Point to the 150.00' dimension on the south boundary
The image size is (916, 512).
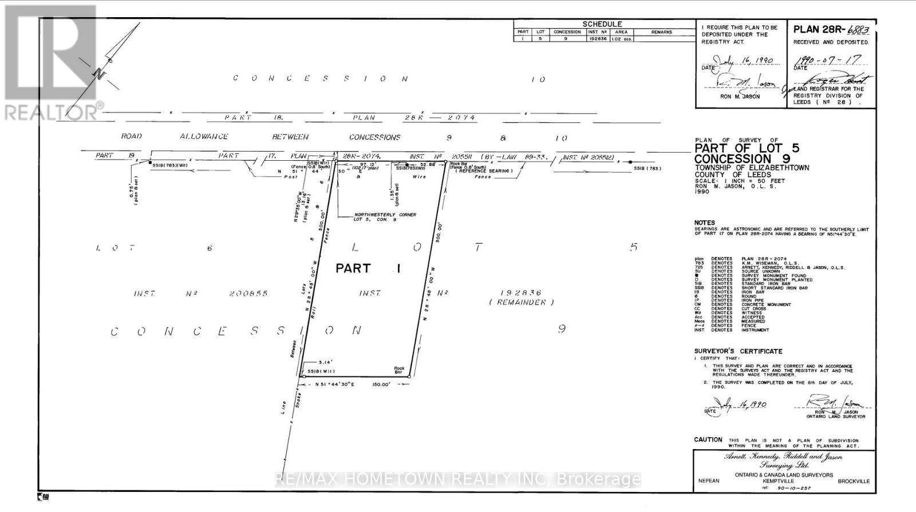[381, 385]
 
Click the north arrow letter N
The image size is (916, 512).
[99, 74]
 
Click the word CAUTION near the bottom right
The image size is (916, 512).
[708, 440]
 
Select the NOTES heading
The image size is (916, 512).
[704, 223]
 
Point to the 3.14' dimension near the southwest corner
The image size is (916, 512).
[325, 362]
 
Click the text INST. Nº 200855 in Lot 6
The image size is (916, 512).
[201, 293]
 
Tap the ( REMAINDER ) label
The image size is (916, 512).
[522, 302]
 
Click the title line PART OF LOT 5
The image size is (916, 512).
[747, 148]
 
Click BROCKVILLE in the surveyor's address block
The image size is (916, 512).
[853, 481]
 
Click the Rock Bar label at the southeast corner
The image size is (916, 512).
[399, 370]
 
